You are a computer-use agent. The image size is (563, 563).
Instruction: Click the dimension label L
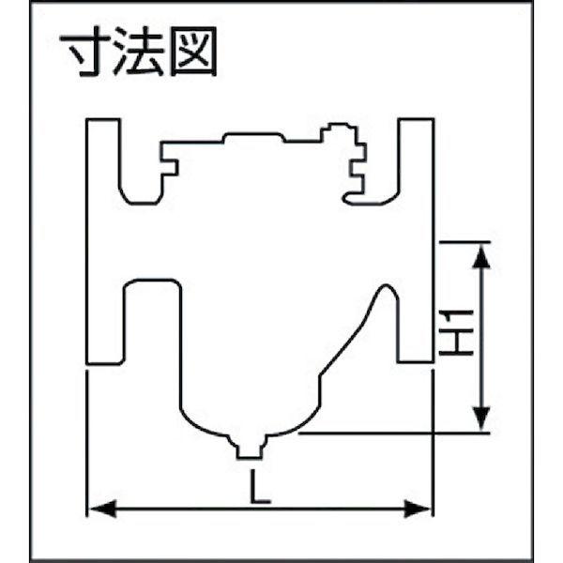pyautogui.click(x=260, y=489)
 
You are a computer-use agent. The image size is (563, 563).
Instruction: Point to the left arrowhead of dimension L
pyautogui.click(x=98, y=510)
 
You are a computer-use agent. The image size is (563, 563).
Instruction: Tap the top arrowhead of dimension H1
pyautogui.click(x=481, y=251)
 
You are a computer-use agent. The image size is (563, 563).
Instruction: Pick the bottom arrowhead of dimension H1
pyautogui.click(x=481, y=421)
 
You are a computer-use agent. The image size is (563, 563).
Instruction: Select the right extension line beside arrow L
pyautogui.click(x=433, y=441)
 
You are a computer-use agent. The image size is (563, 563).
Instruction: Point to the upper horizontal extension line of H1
pyautogui.click(x=464, y=240)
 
